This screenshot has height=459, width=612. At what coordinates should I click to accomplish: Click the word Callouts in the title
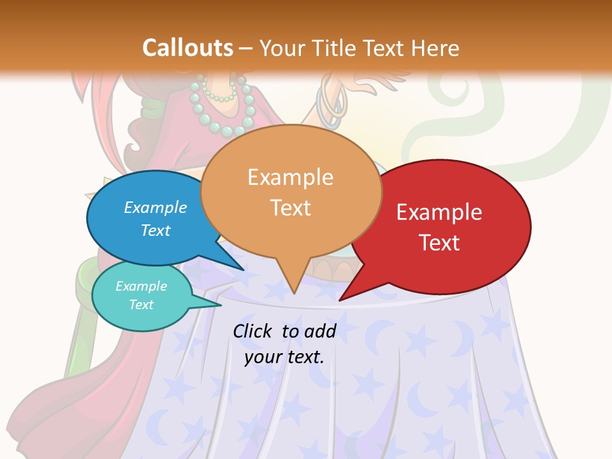188,48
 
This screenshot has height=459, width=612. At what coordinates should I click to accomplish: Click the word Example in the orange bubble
291,177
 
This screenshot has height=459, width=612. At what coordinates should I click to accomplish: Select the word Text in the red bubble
440,242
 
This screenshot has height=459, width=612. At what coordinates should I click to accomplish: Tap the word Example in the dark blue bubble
156,207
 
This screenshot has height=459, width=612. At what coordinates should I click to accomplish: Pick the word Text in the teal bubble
142,305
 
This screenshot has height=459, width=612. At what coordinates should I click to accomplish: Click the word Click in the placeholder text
253,331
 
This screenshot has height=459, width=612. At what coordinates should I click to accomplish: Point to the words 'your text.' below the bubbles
284,357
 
